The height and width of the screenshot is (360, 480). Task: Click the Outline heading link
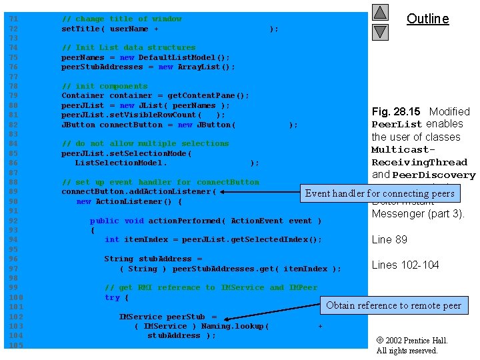[x=427, y=19]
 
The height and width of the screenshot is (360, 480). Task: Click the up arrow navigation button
[x=380, y=13]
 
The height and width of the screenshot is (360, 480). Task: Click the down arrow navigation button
[x=380, y=31]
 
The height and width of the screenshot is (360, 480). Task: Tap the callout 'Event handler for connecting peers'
[x=379, y=193]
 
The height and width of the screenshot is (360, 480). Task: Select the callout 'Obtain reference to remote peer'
[x=393, y=305]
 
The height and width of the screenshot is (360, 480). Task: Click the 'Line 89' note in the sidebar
[x=389, y=240]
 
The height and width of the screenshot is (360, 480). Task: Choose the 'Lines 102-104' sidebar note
[x=405, y=265]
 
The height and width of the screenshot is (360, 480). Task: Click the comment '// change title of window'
[x=121, y=19]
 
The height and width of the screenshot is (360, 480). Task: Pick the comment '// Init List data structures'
[x=128, y=47]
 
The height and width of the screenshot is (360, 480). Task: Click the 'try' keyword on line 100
[x=112, y=297]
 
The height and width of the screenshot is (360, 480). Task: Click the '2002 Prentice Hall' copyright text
[x=412, y=341]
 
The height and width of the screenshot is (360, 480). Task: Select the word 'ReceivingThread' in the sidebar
[x=419, y=162]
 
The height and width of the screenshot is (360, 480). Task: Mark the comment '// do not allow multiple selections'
[x=145, y=143]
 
